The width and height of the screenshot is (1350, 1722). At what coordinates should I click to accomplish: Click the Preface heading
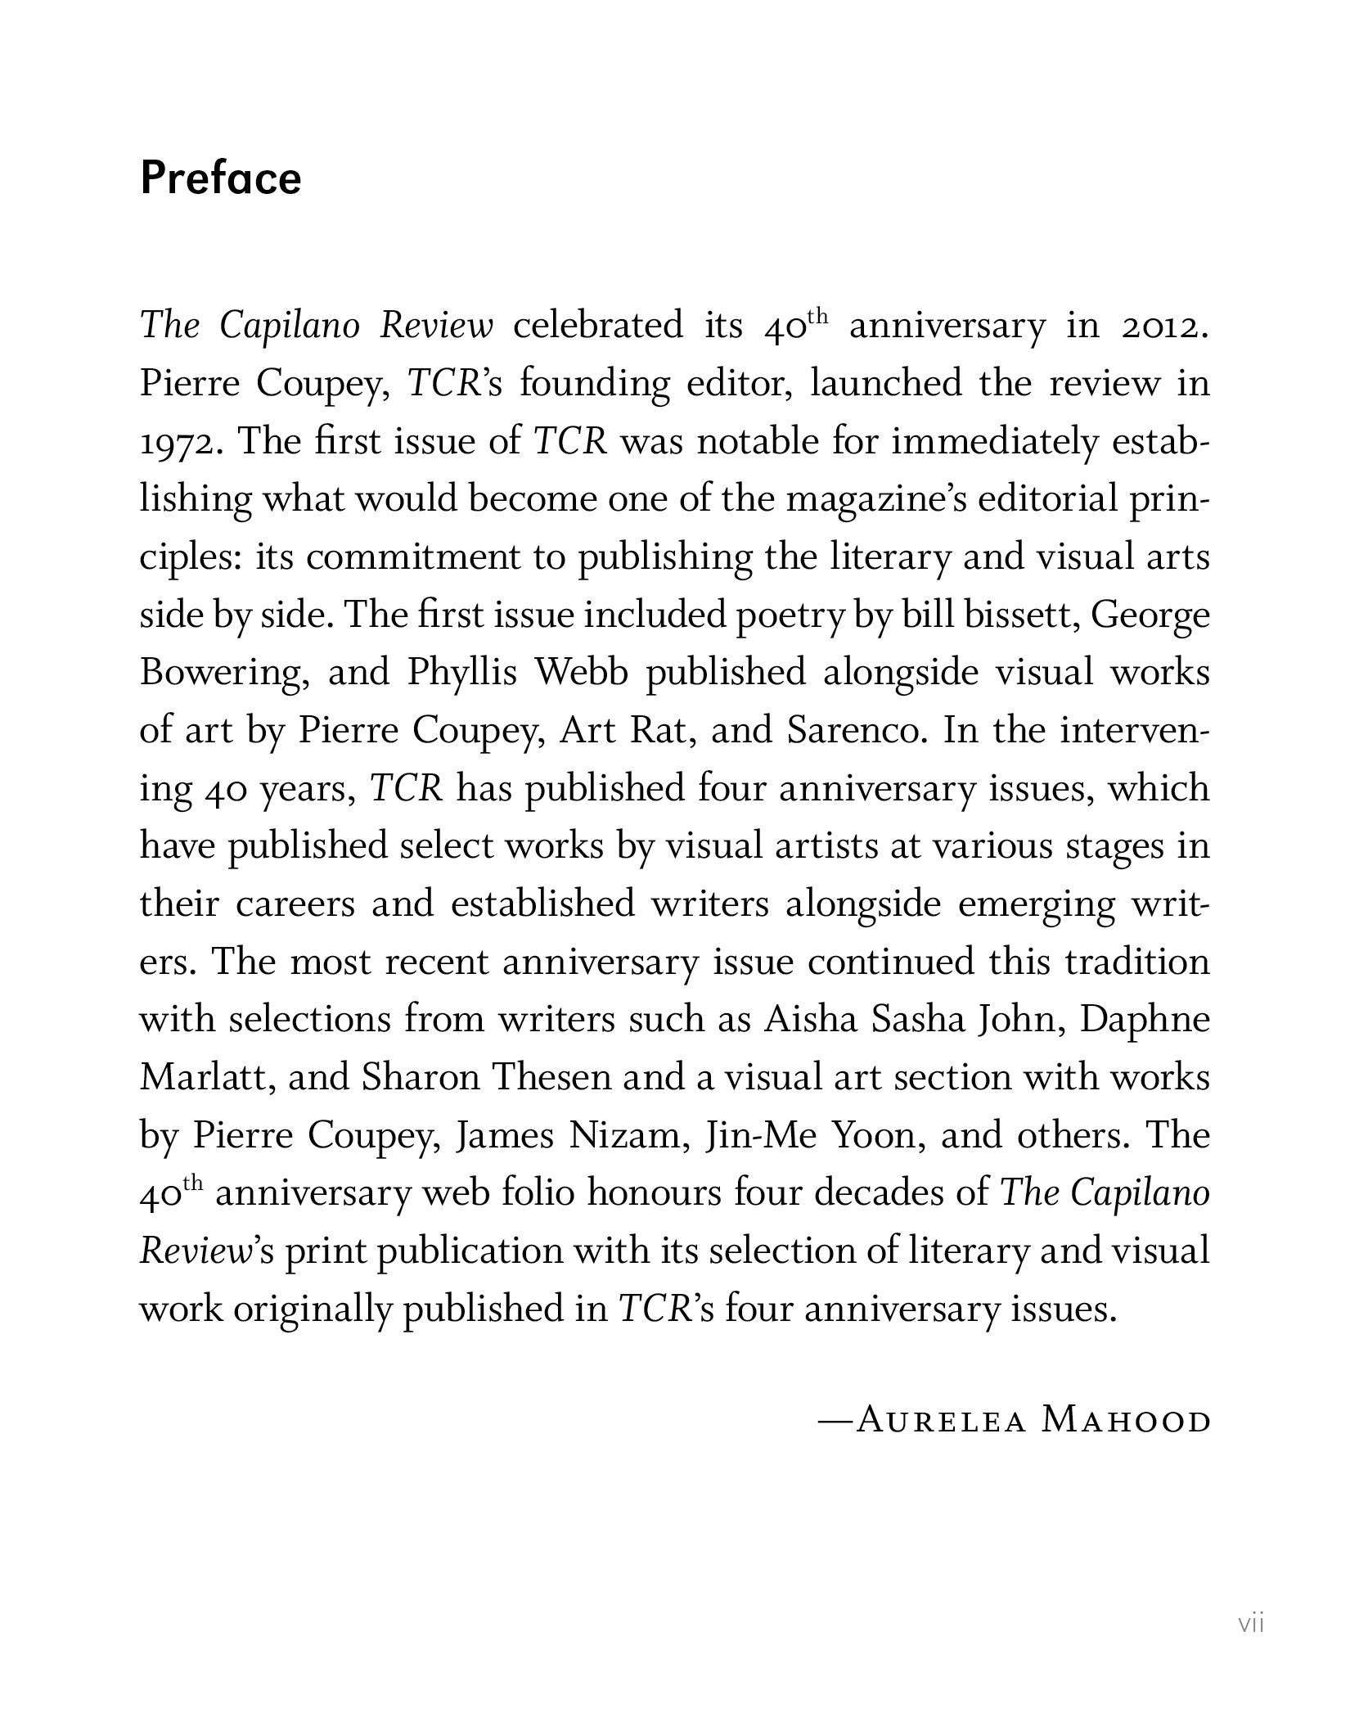click(221, 178)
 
